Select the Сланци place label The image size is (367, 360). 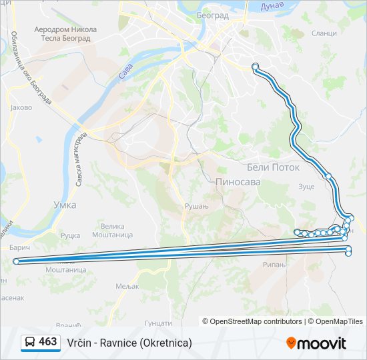pyautogui.click(x=324, y=33)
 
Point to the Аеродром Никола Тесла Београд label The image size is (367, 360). pyautogui.click(x=65, y=33)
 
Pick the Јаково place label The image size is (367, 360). pyautogui.click(x=21, y=107)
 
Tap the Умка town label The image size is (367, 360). pyautogui.click(x=65, y=205)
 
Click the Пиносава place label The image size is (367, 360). pyautogui.click(x=238, y=181)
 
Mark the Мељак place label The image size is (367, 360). pyautogui.click(x=126, y=286)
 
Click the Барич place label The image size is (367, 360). pyautogui.click(x=20, y=247)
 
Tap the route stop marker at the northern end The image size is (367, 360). pyautogui.click(x=255, y=65)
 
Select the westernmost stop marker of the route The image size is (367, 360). pyautogui.click(x=16, y=261)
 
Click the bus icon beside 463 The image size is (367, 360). pyautogui.click(x=30, y=342)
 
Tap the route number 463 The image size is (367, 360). pyautogui.click(x=48, y=342)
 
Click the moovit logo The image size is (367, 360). pyautogui.click(x=316, y=343)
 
